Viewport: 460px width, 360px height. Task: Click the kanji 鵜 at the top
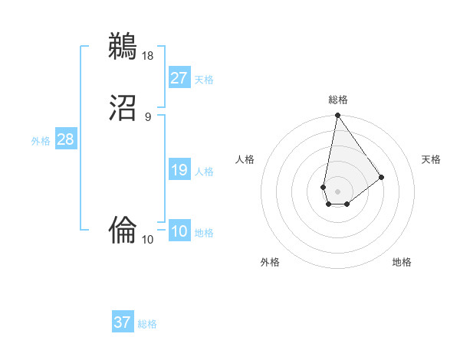pyautogui.click(x=123, y=46)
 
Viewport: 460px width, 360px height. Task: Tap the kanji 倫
pyautogui.click(x=123, y=227)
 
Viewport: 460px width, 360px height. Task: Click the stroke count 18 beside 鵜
pyautogui.click(x=149, y=55)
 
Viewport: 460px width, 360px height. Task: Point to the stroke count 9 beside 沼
pyautogui.click(x=148, y=117)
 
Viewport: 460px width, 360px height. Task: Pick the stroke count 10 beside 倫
pyautogui.click(x=148, y=240)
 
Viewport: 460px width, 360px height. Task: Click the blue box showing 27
pyautogui.click(x=179, y=77)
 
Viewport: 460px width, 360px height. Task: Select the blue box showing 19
pyautogui.click(x=179, y=170)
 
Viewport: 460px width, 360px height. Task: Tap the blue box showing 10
pyautogui.click(x=179, y=231)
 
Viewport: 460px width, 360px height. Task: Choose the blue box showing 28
pyautogui.click(x=65, y=139)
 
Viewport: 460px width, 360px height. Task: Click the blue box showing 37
pyautogui.click(x=122, y=322)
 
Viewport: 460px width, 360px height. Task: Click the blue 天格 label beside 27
pyautogui.click(x=204, y=79)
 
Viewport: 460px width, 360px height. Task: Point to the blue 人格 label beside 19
pyautogui.click(x=204, y=172)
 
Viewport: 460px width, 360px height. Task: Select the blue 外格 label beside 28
pyautogui.click(x=41, y=141)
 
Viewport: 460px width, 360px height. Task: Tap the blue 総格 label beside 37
pyautogui.click(x=147, y=324)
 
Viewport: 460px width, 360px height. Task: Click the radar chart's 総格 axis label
pyautogui.click(x=338, y=100)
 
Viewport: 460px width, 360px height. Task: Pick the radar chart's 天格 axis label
pyautogui.click(x=432, y=159)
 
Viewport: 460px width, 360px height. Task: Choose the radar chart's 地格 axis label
pyautogui.click(x=402, y=262)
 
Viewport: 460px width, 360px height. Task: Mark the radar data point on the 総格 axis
pyautogui.click(x=337, y=116)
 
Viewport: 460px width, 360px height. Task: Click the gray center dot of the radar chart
pyautogui.click(x=337, y=191)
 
